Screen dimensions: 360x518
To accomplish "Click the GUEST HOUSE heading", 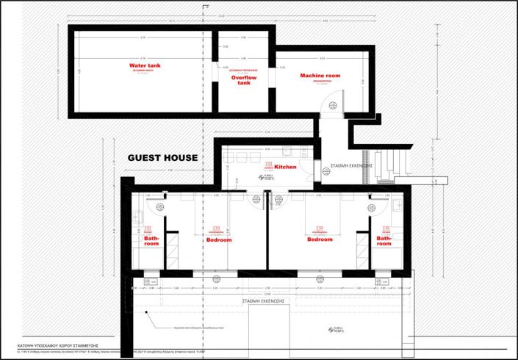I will pos(162,157).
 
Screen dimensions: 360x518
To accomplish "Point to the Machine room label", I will pos(320,76).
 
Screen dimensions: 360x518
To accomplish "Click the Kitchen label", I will pos(285,167).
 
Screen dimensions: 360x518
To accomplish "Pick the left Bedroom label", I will pos(219,240).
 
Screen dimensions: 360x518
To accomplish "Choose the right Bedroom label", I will pos(320,240).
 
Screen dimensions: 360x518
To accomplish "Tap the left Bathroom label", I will pos(151,242).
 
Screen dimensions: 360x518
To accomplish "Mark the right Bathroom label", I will pos(384,242).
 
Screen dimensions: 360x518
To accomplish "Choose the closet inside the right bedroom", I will pos(361,250).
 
